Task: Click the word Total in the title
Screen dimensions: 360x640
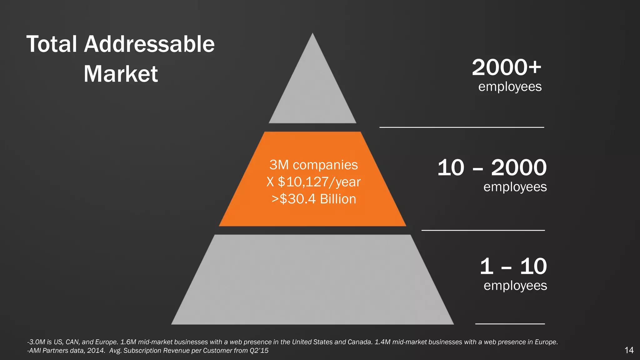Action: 52,44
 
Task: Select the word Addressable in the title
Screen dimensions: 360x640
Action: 149,44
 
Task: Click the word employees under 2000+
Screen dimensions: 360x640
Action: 510,87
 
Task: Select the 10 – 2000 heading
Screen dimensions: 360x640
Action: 492,167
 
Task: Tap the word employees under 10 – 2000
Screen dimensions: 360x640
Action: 515,187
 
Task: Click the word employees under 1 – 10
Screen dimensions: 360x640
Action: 515,286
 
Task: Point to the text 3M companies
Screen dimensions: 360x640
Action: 313,165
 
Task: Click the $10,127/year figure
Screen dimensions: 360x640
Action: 319,182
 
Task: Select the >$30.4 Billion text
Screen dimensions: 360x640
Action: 314,199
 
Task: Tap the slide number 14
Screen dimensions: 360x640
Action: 629,350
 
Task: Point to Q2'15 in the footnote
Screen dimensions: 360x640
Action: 259,351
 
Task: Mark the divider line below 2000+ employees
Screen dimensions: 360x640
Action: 462,127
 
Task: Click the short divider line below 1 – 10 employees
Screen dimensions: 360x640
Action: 510,324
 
